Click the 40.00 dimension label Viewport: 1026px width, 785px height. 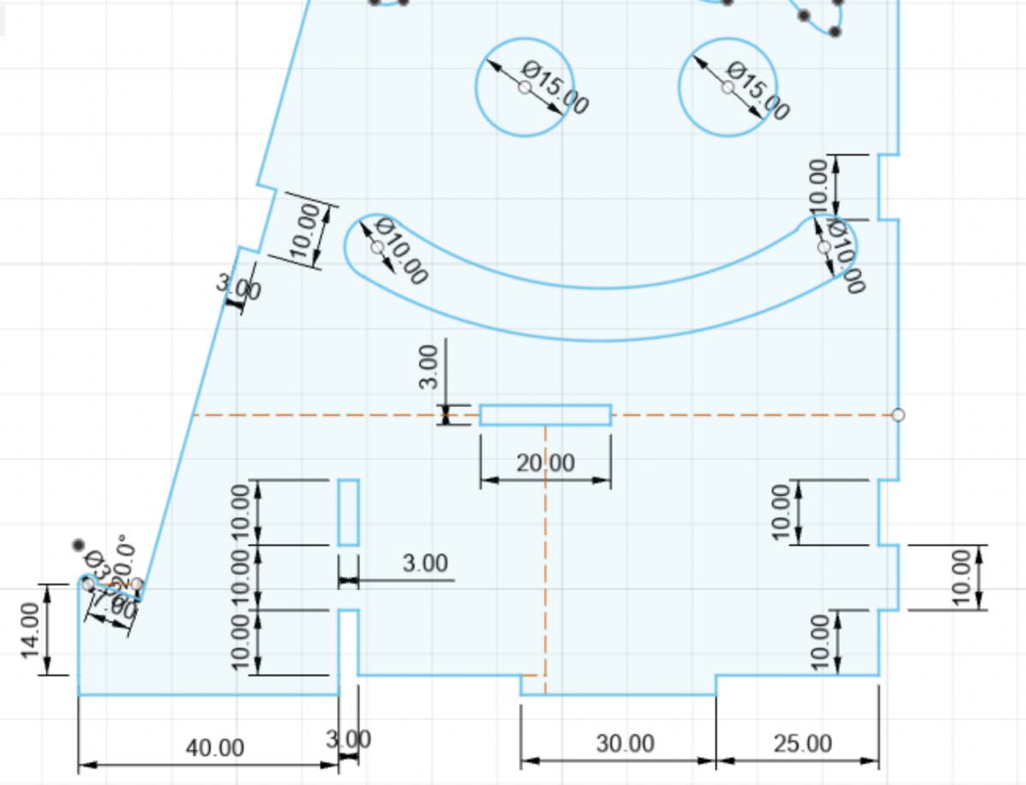(x=214, y=747)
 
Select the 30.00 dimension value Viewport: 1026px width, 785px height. (x=625, y=743)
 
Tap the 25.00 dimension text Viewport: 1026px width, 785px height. (x=801, y=743)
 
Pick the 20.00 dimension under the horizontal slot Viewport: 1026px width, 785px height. (x=546, y=463)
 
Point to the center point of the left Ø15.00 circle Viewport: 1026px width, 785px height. (x=524, y=88)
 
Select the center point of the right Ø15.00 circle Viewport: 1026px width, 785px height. (x=727, y=88)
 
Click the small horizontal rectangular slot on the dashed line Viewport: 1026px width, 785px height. (x=546, y=415)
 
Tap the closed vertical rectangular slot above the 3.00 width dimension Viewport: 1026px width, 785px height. (x=348, y=512)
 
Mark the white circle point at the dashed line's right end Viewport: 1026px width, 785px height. (x=898, y=415)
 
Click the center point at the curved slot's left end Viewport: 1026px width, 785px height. (x=377, y=247)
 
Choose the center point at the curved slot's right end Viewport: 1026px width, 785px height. (x=824, y=247)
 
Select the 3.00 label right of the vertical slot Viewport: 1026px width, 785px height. (x=425, y=564)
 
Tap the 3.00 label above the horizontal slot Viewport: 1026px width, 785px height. (x=430, y=366)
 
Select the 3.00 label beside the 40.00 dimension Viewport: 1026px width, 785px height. (x=349, y=739)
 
